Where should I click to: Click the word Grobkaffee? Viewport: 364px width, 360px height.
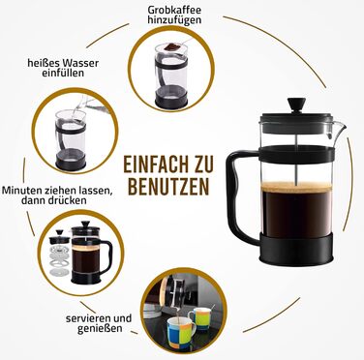(174, 10)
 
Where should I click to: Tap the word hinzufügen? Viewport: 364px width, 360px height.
(174, 20)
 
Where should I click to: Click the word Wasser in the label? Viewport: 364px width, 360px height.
(80, 63)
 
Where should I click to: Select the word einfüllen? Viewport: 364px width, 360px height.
(63, 73)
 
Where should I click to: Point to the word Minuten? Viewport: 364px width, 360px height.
(20, 190)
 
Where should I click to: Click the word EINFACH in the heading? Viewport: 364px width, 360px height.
(155, 165)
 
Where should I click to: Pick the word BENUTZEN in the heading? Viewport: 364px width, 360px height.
(168, 186)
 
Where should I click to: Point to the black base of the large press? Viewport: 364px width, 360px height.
(296, 249)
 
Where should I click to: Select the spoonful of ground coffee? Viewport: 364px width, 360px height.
(171, 47)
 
